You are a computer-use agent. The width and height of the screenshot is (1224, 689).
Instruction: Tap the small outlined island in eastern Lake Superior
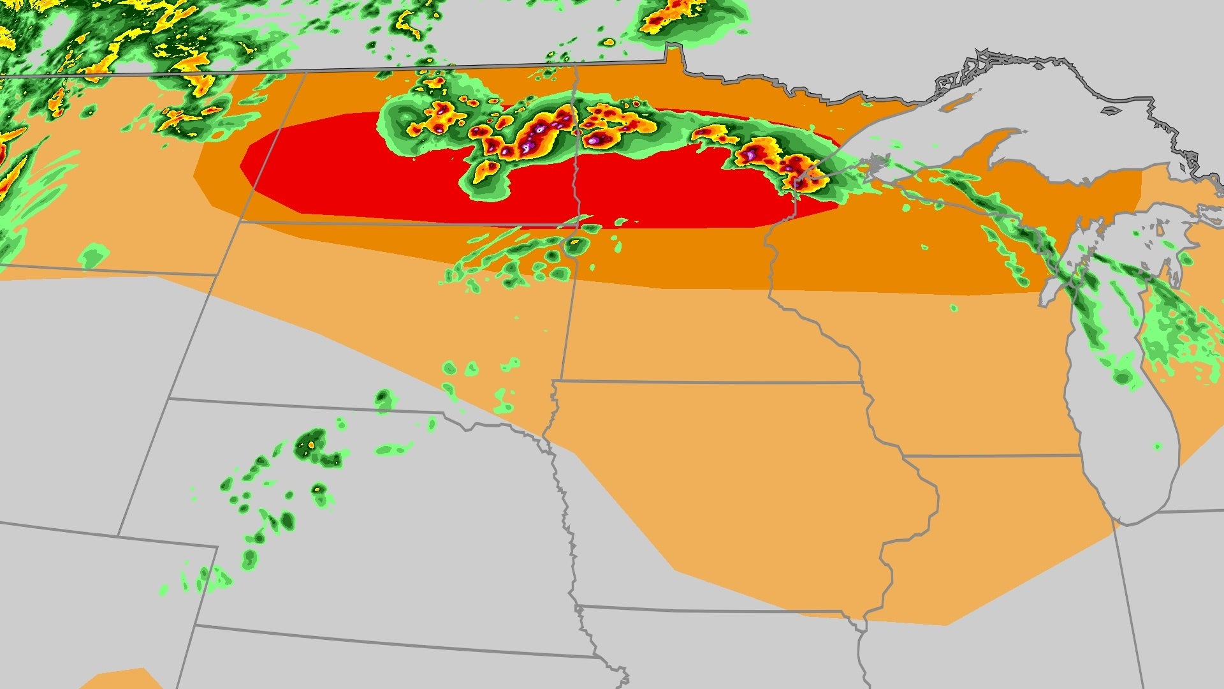click(x=1111, y=110)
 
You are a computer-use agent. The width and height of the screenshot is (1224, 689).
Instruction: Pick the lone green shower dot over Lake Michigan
click(x=1157, y=447)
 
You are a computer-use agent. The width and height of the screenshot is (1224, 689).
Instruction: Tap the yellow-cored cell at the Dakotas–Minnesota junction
click(x=576, y=242)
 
